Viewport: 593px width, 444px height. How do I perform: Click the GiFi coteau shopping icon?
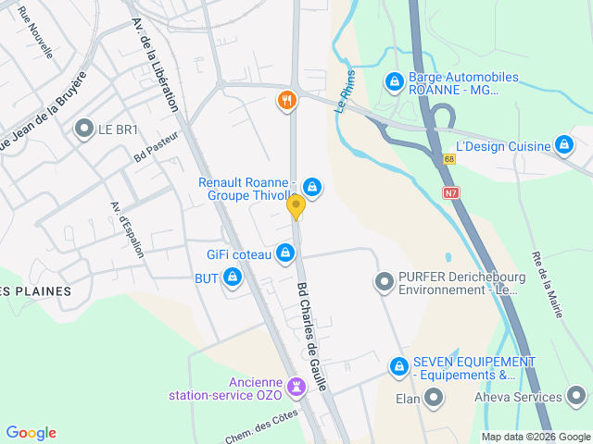[285, 253]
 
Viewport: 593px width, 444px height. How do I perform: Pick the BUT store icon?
[232, 277]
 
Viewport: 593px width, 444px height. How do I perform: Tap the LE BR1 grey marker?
[85, 129]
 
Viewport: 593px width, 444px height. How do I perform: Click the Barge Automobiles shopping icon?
[395, 82]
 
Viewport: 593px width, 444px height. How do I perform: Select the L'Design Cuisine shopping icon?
[563, 144]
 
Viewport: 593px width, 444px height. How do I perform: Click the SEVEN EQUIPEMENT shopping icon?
[399, 366]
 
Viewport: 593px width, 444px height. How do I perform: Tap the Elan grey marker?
[433, 398]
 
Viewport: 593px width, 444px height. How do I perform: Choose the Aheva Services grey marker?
[576, 398]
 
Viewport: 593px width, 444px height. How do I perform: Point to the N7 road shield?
[451, 193]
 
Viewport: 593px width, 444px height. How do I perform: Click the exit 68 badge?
[449, 159]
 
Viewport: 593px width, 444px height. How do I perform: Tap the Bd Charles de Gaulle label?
[312, 336]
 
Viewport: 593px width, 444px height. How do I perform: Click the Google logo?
[31, 433]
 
